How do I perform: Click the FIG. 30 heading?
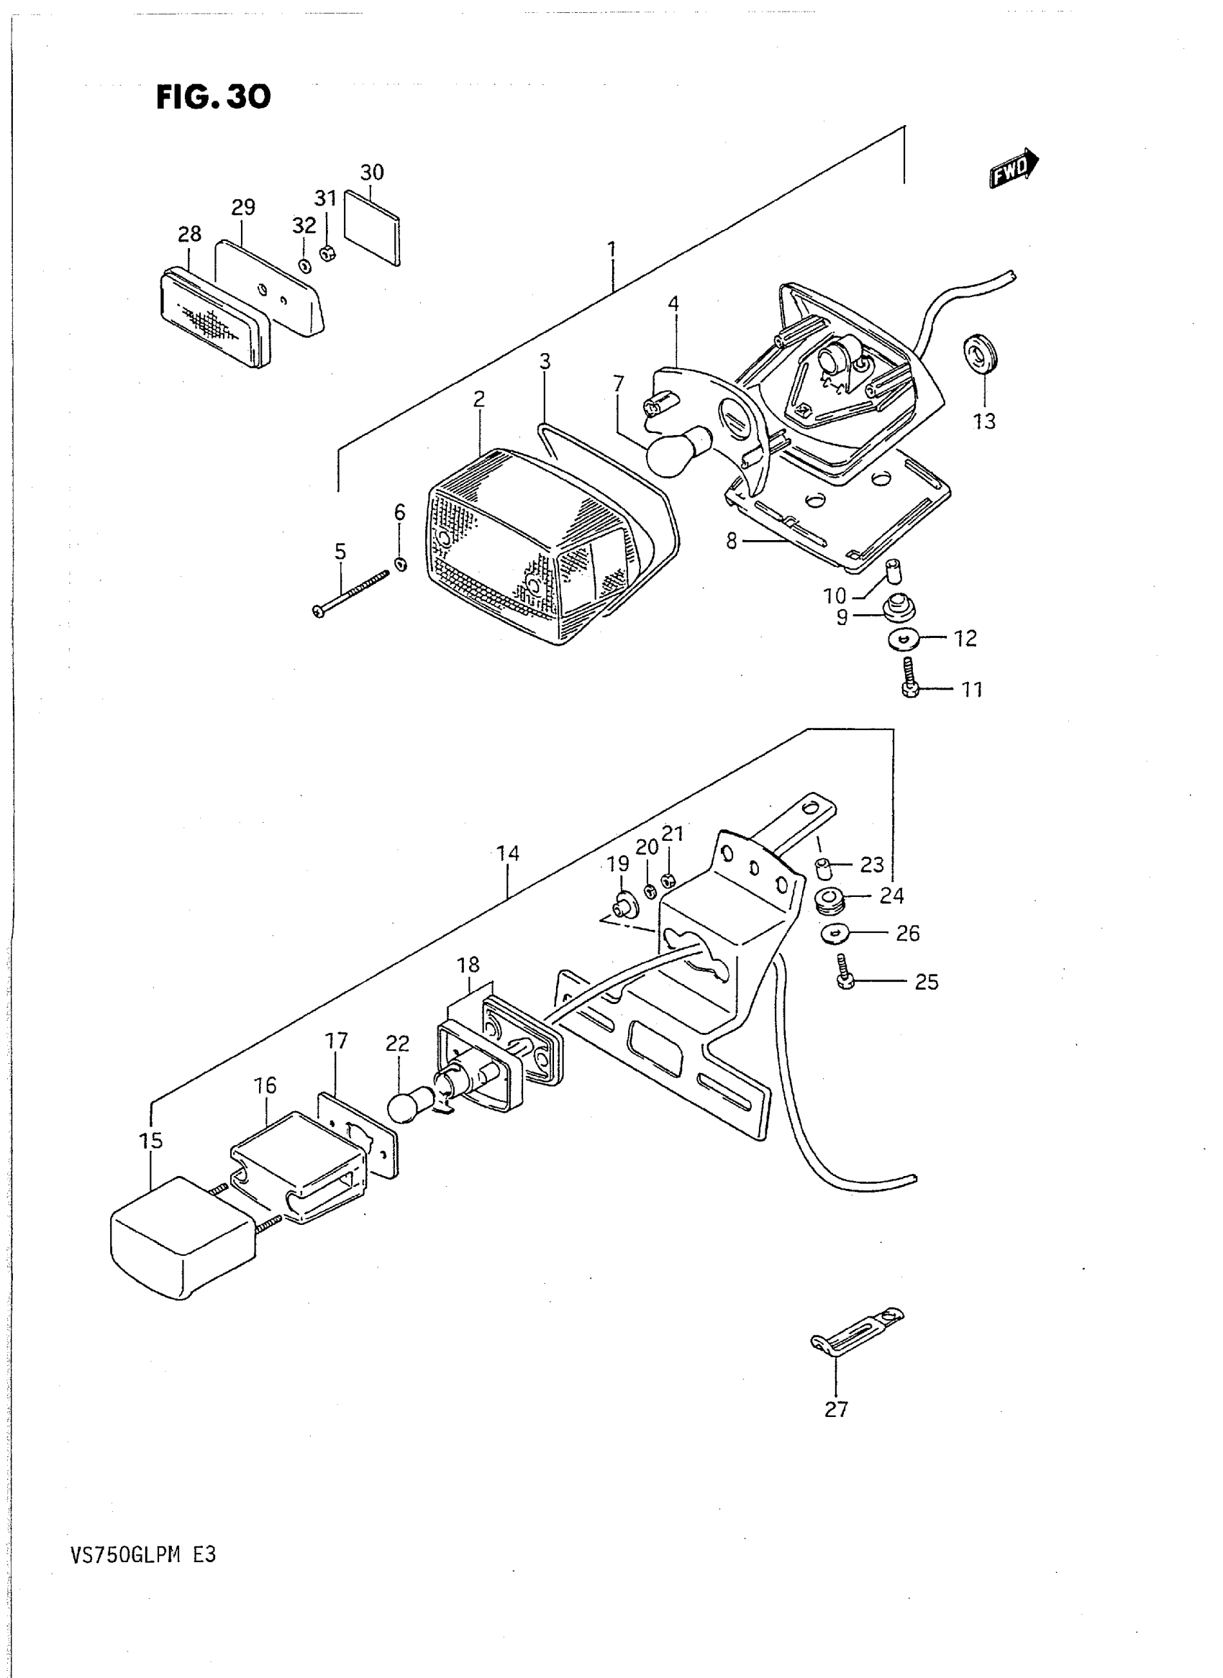213,97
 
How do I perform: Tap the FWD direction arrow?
1014,168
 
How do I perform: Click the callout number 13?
984,421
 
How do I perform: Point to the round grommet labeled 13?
980,355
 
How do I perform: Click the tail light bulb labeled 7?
678,449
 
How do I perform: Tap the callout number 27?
836,1410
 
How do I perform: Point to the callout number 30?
372,173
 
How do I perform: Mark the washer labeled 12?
903,638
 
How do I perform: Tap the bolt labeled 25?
845,972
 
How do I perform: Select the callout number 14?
508,854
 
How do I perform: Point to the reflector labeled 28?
214,319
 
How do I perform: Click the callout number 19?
617,864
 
